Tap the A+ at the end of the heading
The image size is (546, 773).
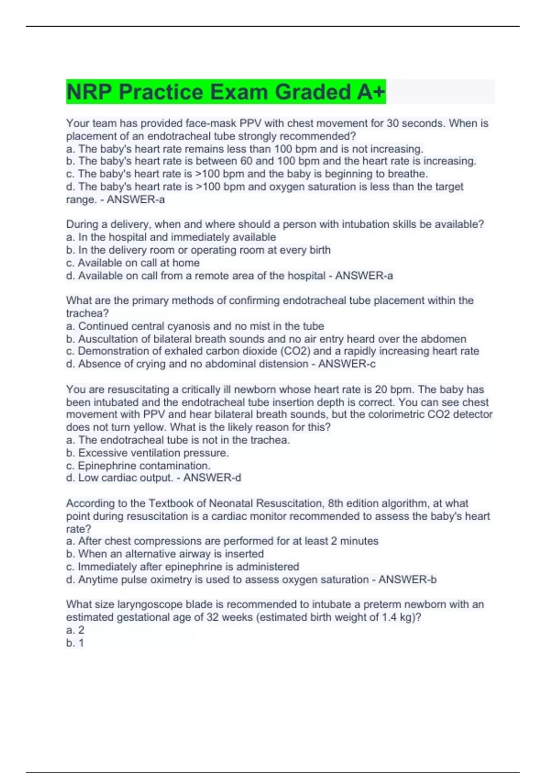(x=371, y=92)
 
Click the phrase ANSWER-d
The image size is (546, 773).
(x=212, y=478)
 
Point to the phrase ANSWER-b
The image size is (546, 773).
(x=407, y=580)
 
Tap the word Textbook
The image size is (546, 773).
(x=171, y=503)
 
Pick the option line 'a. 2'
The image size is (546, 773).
(x=75, y=630)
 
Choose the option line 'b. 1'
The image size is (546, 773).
(x=75, y=643)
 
